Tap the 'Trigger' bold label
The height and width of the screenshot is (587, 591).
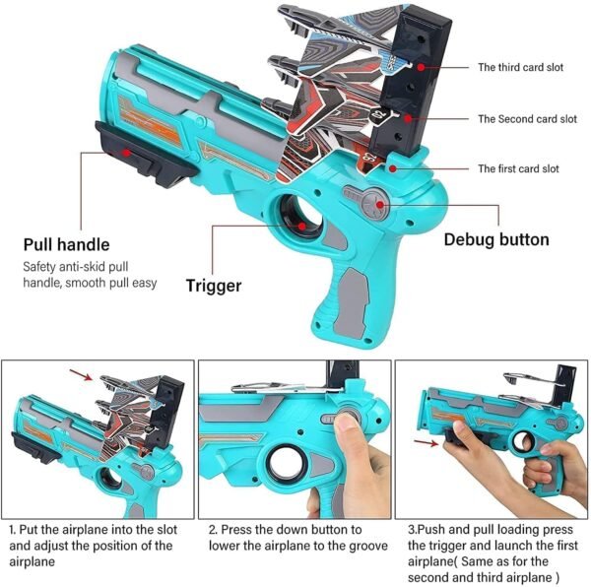[215, 286]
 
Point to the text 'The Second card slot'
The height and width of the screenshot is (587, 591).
[527, 119]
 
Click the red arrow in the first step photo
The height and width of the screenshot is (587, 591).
[82, 374]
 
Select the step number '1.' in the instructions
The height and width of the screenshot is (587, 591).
[12, 529]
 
